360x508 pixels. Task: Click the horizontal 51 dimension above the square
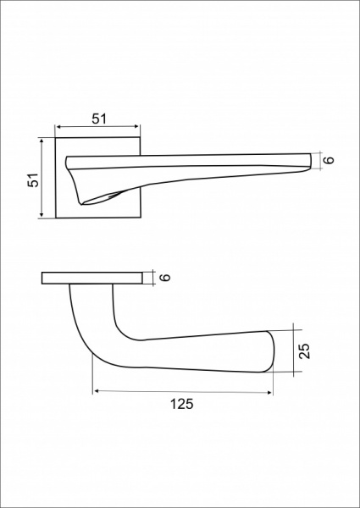(99, 119)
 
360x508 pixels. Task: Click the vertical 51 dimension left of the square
(33, 179)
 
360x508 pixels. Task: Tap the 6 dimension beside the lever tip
(329, 160)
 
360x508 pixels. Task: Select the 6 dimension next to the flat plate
(165, 278)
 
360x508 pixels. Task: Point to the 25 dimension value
(304, 351)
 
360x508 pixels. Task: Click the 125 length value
(182, 404)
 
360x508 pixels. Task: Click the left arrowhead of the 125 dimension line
(96, 392)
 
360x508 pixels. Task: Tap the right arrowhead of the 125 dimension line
(269, 393)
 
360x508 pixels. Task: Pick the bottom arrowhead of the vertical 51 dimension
(42, 214)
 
